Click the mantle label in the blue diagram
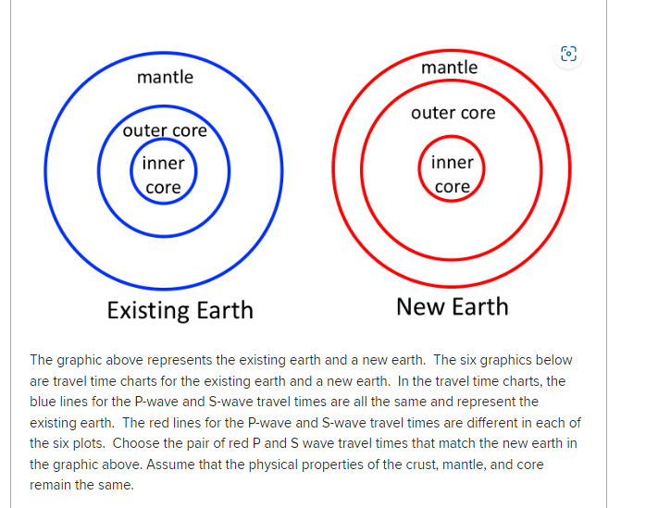pyautogui.click(x=165, y=77)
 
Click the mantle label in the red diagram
pyautogui.click(x=449, y=68)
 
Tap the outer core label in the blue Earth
pyautogui.click(x=165, y=130)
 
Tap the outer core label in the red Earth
pyautogui.click(x=453, y=113)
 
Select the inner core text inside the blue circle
pyautogui.click(x=163, y=175)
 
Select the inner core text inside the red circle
pyautogui.click(x=452, y=174)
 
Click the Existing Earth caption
pyautogui.click(x=180, y=309)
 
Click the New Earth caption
pyautogui.click(x=452, y=306)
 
